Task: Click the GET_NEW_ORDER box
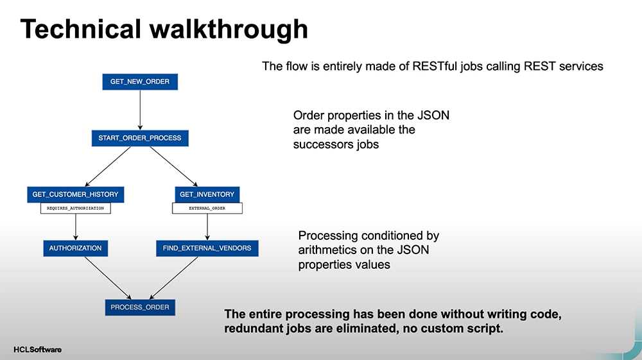point(140,81)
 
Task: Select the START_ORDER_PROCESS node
point(140,138)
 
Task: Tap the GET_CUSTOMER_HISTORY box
point(75,194)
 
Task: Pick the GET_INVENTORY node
point(207,194)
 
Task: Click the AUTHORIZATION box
point(75,248)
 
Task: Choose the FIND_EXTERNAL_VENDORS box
point(207,248)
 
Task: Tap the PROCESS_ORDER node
point(140,307)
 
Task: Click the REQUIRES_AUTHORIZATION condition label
point(75,208)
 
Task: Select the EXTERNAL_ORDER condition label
point(207,208)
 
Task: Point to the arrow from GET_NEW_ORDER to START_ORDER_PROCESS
point(140,110)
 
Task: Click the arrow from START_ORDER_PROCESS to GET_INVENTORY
point(173,166)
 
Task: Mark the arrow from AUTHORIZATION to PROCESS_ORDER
point(108,278)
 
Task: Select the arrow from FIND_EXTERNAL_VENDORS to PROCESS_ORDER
point(173,278)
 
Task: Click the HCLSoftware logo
point(38,349)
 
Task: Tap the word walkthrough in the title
point(229,29)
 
